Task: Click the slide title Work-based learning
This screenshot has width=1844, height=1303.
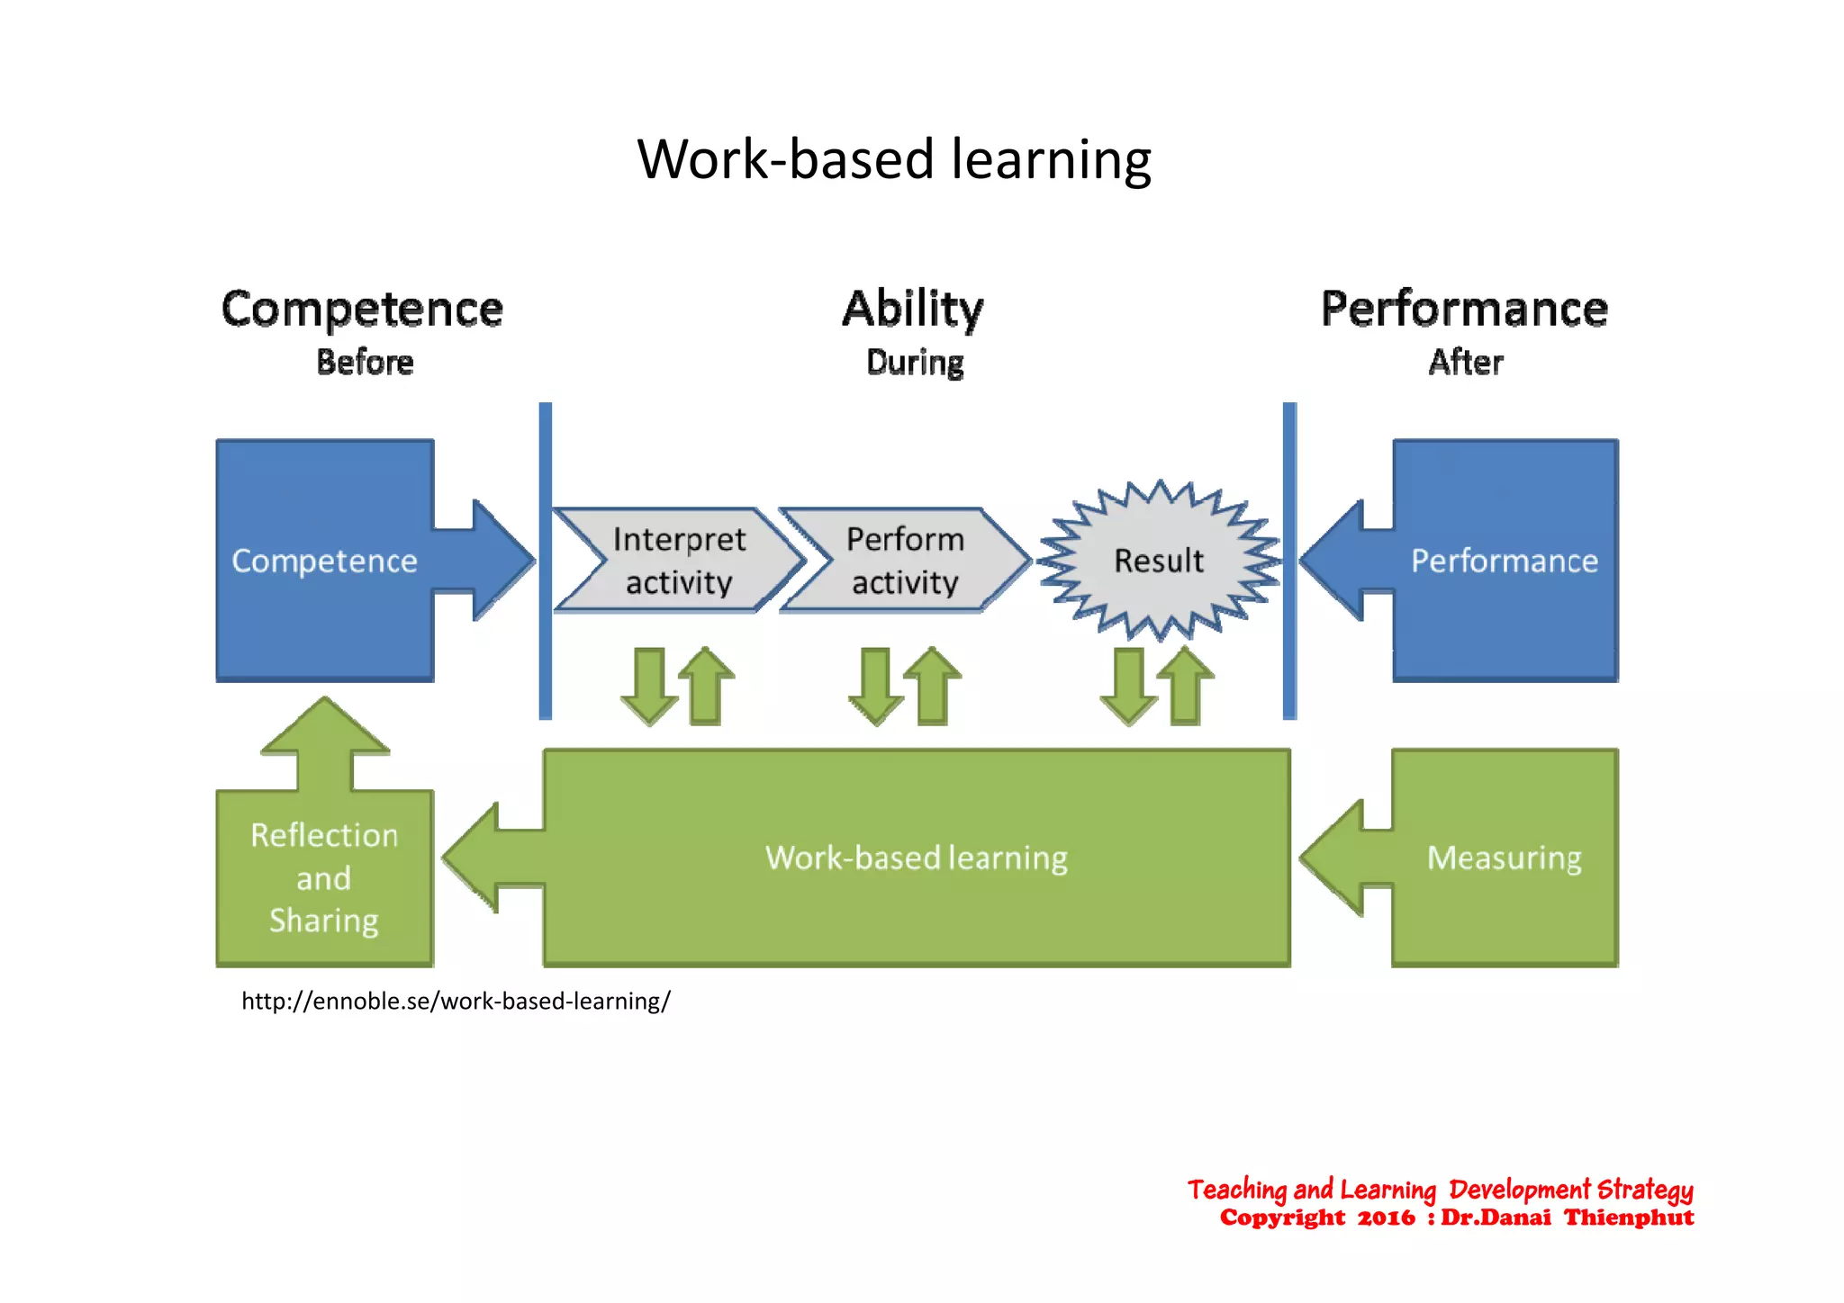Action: [893, 160]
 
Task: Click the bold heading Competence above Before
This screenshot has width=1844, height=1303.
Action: [362, 310]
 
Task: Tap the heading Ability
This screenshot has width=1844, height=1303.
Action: [913, 310]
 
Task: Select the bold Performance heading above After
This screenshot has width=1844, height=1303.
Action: [1464, 310]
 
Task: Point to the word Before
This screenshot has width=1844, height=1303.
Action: [365, 363]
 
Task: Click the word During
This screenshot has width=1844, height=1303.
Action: [915, 363]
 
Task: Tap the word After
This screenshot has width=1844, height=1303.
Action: [1466, 363]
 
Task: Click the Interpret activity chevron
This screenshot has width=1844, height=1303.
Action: [679, 561]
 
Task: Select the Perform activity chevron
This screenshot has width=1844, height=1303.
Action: [905, 561]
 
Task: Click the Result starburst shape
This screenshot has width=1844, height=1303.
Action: [1159, 561]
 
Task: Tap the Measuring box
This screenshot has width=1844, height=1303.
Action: [1504, 858]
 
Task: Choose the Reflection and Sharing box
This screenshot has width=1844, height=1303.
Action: [324, 877]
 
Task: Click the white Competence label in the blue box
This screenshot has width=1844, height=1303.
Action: [324, 561]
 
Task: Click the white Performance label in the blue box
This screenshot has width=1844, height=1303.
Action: [1504, 561]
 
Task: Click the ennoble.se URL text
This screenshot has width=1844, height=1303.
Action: [456, 1002]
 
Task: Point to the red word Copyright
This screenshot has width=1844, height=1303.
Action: [1282, 1218]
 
